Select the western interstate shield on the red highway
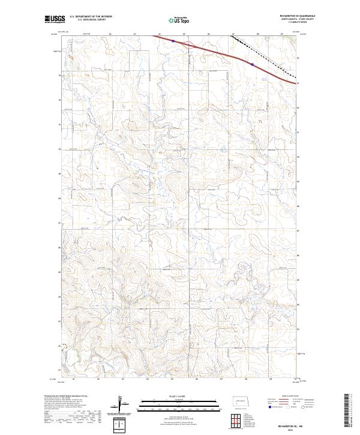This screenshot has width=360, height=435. (x=172, y=41)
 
